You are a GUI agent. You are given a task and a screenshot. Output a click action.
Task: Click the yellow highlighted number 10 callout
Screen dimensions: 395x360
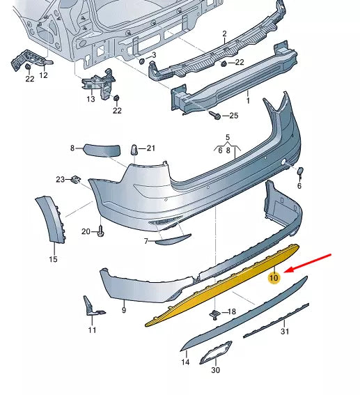click(x=274, y=278)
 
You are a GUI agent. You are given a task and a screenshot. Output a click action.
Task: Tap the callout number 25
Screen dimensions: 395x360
click(x=233, y=115)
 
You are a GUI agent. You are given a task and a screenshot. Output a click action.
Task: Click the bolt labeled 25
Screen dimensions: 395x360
click(x=217, y=115)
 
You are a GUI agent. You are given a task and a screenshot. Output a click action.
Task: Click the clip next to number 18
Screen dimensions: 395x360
click(x=217, y=313)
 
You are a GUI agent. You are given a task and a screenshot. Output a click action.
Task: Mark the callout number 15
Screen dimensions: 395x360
click(x=53, y=259)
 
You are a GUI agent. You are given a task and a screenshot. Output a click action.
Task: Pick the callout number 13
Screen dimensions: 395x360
click(x=91, y=100)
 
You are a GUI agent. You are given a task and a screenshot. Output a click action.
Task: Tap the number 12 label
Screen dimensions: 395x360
click(x=43, y=75)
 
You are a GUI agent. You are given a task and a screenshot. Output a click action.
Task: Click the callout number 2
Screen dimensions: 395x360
click(x=225, y=33)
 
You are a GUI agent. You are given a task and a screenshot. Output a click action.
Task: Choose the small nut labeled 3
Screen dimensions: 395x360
click(x=141, y=61)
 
